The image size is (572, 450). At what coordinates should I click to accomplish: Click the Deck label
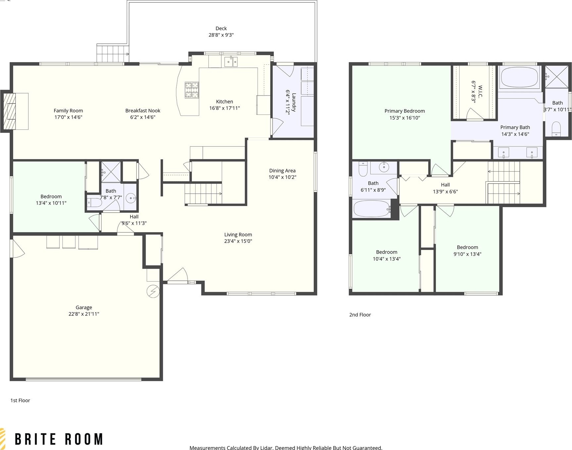point(221,28)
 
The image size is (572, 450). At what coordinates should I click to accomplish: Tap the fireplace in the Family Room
point(9,111)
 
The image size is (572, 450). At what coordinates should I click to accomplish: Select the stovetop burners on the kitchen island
point(192,90)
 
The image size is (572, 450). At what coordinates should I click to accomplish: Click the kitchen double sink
point(231,61)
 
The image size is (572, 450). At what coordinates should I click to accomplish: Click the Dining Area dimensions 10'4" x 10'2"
point(282,177)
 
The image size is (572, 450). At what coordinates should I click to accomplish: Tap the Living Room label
point(238,235)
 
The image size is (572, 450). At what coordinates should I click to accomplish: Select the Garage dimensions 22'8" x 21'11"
point(84,314)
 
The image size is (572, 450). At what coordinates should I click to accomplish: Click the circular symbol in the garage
point(153,291)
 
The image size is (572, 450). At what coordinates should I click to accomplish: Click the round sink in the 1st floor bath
point(131,198)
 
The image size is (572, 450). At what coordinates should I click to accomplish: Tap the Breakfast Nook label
point(143,111)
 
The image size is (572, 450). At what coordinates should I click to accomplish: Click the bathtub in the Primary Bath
point(519,77)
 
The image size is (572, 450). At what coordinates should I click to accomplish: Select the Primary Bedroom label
point(405,111)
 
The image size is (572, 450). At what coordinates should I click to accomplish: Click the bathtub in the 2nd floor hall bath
point(372,209)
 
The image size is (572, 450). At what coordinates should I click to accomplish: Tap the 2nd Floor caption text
point(360,315)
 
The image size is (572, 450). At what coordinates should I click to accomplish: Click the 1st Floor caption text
point(20,400)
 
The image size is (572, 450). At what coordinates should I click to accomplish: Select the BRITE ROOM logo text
point(59,439)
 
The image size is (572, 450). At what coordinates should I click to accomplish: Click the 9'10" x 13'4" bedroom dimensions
point(467,254)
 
